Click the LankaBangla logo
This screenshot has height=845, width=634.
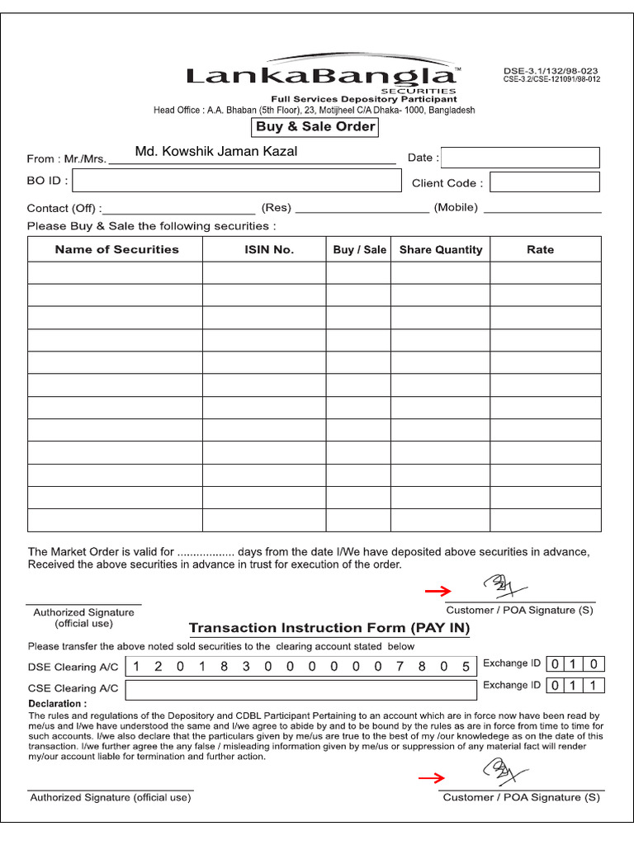[323, 76]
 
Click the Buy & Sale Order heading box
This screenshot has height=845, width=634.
[315, 127]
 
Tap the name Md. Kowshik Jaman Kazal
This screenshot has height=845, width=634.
[216, 151]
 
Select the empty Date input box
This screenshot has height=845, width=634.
[522, 158]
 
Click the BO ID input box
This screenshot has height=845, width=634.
[236, 181]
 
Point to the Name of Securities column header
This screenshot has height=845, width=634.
[116, 249]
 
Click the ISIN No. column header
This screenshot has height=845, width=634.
[268, 249]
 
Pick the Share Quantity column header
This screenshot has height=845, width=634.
[441, 249]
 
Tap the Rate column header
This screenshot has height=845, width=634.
[540, 249]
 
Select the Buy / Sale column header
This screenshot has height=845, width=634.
[359, 249]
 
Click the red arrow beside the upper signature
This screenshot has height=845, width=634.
[438, 591]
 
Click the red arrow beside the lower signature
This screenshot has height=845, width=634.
[432, 777]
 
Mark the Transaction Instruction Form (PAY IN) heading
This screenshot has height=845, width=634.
[329, 628]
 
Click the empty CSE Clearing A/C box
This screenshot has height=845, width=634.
[300, 688]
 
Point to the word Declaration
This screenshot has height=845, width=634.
[57, 704]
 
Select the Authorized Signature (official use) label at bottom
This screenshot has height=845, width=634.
[111, 797]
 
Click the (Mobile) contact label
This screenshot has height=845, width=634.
[456, 207]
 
